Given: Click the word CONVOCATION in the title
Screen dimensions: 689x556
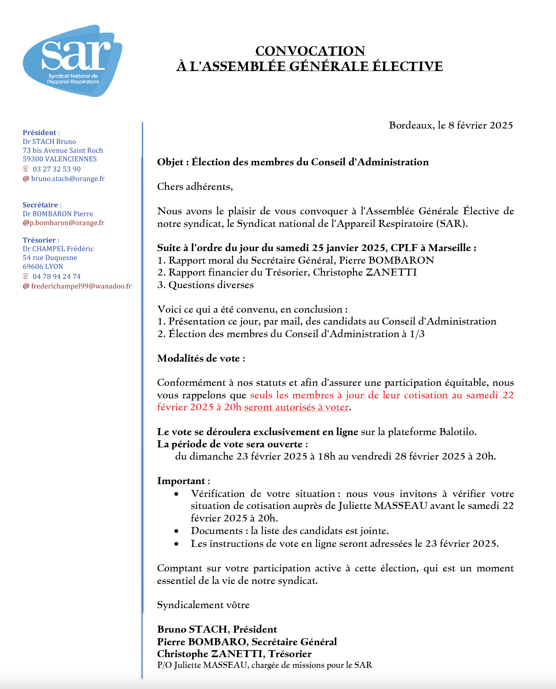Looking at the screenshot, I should (310, 51).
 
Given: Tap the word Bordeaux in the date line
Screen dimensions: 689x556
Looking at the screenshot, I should (411, 125).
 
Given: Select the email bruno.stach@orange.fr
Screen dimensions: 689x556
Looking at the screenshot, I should (68, 179).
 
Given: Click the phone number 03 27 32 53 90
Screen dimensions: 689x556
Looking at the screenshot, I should (57, 169).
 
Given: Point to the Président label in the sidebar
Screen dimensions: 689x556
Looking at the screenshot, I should (39, 133).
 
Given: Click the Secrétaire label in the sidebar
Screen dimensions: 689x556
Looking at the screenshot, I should (40, 205).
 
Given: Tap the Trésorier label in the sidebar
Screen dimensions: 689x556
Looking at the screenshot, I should (39, 240).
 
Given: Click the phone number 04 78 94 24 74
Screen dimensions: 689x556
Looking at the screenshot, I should (57, 277).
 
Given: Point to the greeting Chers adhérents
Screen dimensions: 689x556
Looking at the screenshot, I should (195, 187).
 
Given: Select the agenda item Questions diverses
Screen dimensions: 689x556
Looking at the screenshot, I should (211, 285).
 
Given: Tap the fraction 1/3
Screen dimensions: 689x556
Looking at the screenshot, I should (417, 334).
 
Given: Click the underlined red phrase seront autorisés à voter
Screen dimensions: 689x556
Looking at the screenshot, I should (296, 407).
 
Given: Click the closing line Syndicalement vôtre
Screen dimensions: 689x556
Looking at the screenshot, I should (203, 605).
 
